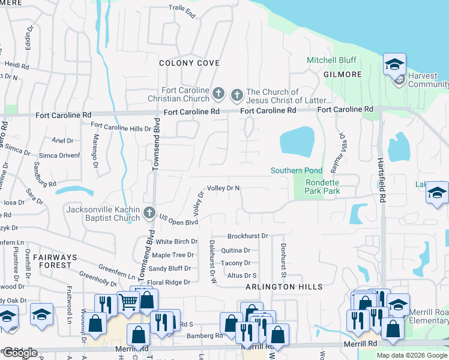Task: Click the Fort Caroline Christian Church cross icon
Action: point(219,94)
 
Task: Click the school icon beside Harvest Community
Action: point(394,64)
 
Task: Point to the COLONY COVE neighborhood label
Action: point(189,63)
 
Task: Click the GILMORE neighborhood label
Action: point(343,74)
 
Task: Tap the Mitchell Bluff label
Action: point(331,61)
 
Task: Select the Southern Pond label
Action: point(297,171)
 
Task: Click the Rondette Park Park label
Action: point(322,187)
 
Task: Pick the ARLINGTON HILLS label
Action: point(285,287)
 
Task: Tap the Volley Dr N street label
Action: point(223,188)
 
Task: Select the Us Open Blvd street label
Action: point(178,222)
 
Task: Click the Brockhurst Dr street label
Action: point(247,236)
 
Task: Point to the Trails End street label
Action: point(182,11)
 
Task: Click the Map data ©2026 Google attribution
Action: point(411,355)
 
